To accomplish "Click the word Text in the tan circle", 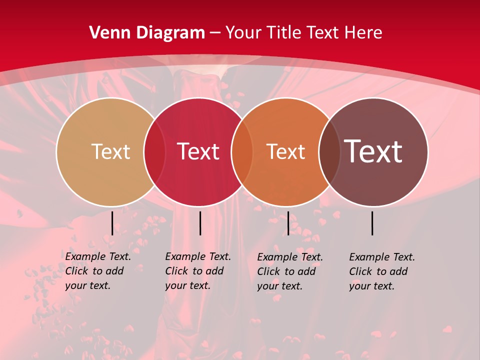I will click(110, 151).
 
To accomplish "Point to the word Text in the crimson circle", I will click(198, 151).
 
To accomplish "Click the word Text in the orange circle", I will click(286, 151).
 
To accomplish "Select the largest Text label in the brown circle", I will click(373, 151).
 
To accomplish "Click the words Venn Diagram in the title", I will click(147, 33).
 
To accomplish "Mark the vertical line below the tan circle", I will click(112, 223).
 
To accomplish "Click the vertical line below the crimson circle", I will click(200, 223).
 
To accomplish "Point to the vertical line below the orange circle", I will click(288, 223).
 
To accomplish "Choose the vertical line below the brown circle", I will click(372, 223).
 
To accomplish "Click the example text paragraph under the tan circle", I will click(97, 271).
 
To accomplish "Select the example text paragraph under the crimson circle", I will click(197, 271).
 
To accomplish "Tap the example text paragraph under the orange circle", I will click(289, 271).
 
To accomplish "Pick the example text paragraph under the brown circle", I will click(381, 271).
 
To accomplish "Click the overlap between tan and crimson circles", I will click(154, 151).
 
